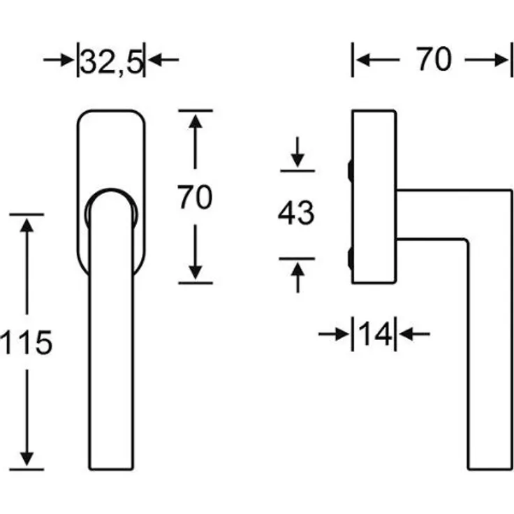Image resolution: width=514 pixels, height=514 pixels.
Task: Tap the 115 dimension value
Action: point(27,343)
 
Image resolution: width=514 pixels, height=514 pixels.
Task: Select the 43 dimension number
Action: point(296,214)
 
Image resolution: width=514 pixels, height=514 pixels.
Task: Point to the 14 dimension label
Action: point(375,334)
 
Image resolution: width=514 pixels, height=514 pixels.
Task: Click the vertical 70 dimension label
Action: point(195,197)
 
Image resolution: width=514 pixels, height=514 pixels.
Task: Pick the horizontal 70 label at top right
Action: point(434,59)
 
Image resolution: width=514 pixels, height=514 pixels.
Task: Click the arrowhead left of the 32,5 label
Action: point(68,60)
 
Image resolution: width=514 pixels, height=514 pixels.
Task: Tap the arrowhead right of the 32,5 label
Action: point(155,60)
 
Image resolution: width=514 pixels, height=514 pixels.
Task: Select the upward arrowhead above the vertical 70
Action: point(196,121)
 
